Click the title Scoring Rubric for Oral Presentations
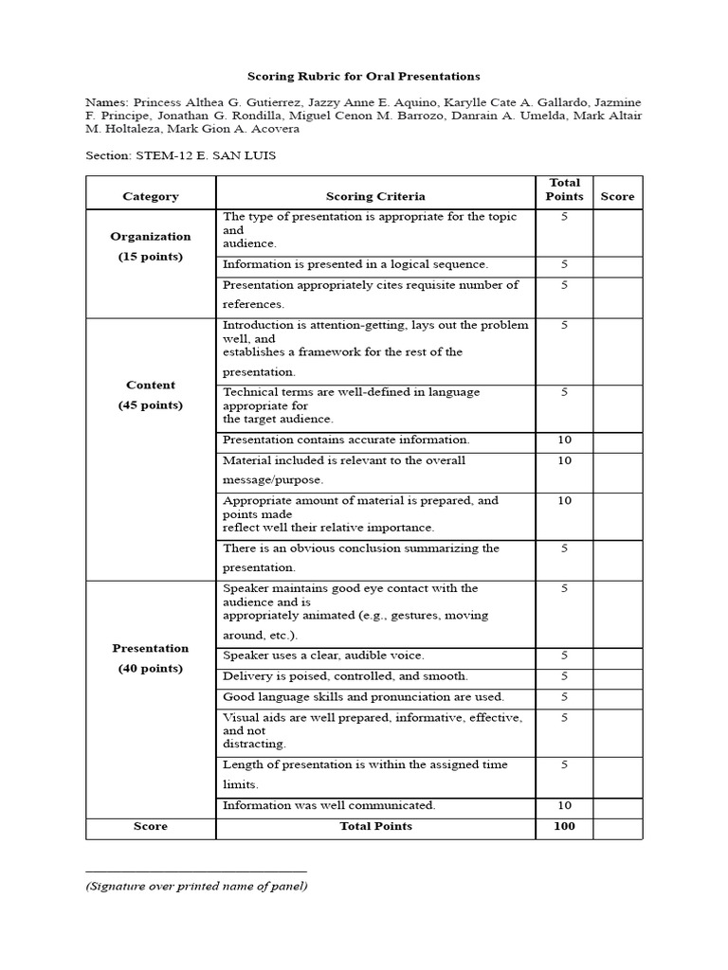tap(364, 76)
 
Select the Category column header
tap(151, 196)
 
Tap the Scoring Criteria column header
tap(375, 196)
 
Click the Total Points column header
tap(564, 189)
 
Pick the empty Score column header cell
tap(617, 196)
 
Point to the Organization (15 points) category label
tap(151, 246)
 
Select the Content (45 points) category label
tap(151, 395)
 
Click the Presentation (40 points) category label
tap(151, 658)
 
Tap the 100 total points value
tap(564, 826)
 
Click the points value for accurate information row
tap(564, 440)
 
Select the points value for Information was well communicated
tap(564, 805)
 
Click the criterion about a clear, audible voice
tap(323, 656)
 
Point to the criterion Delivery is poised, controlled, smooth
tap(345, 676)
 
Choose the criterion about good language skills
tap(363, 697)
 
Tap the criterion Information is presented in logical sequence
tap(355, 264)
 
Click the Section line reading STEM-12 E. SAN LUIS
tap(180, 155)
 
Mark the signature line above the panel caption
tap(195, 871)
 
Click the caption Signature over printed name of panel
tap(195, 887)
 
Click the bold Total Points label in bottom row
tap(375, 826)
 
